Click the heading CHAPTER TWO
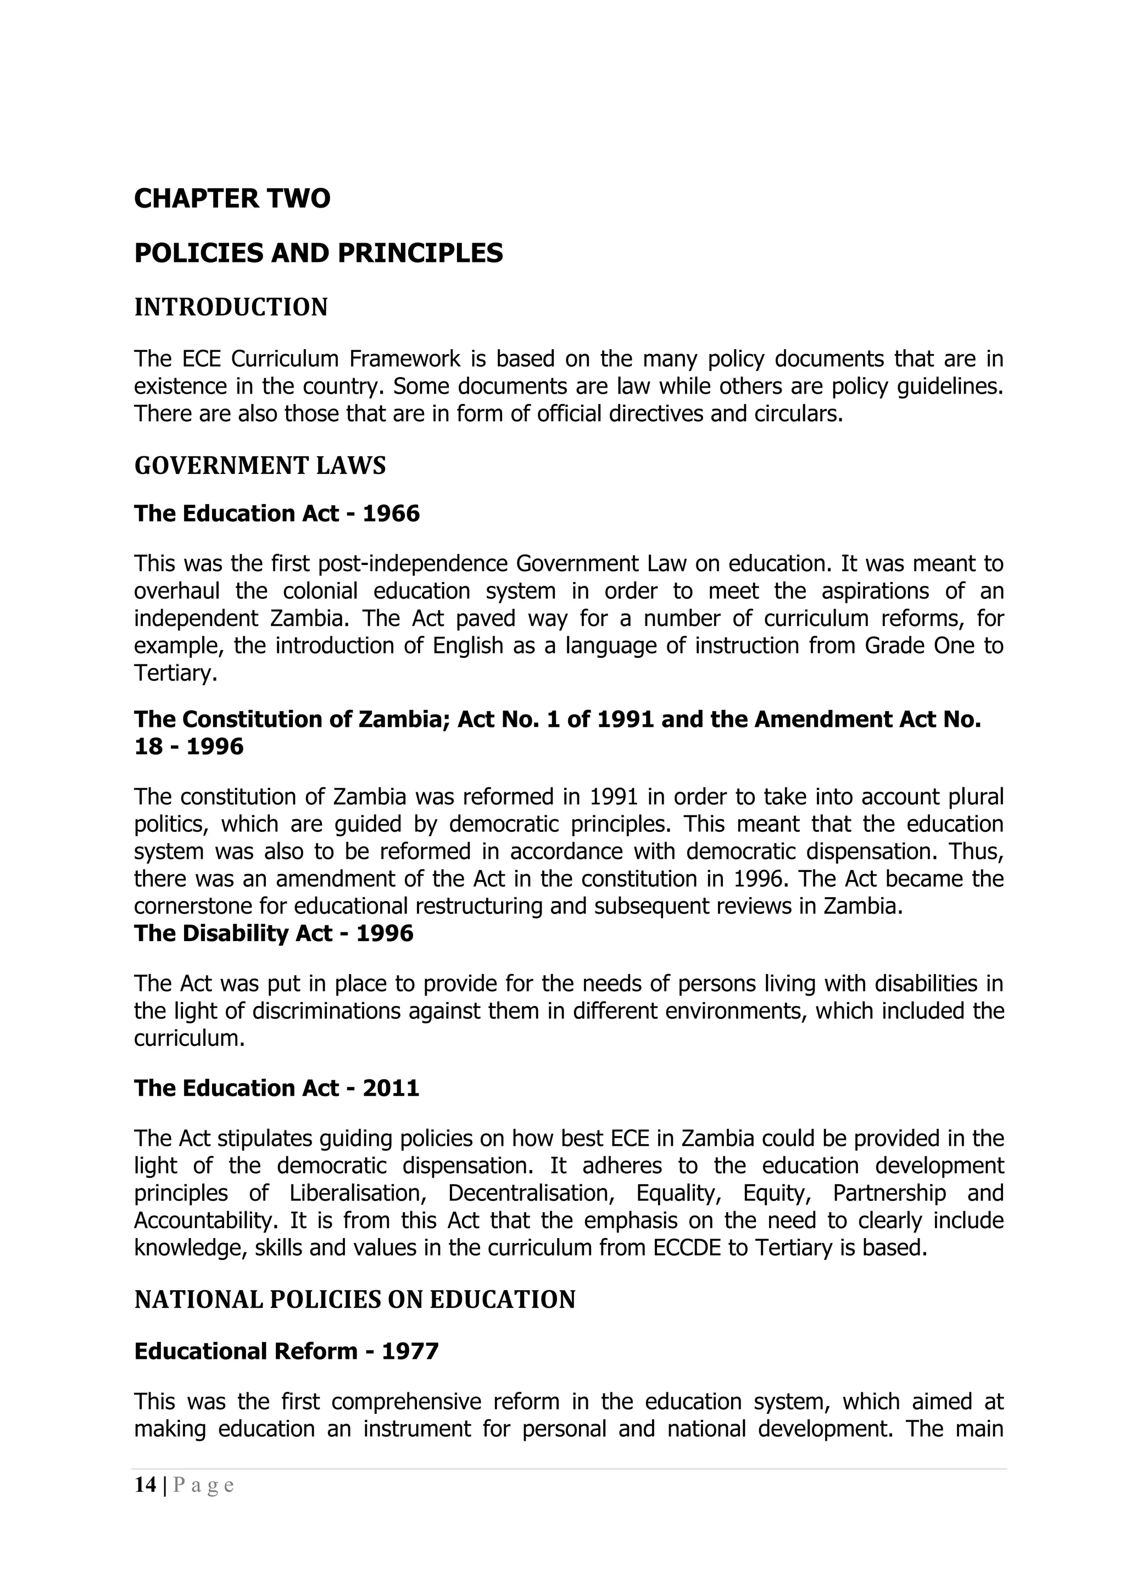pos(232,199)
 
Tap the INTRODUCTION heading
pos(231,307)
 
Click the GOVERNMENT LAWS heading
pos(260,466)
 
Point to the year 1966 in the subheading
pos(392,513)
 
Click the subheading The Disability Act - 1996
pos(274,933)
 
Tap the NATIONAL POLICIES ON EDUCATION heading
pos(355,1299)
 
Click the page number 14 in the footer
pos(145,1485)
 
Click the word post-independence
pos(413,564)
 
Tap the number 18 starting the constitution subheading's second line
pos(146,747)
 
